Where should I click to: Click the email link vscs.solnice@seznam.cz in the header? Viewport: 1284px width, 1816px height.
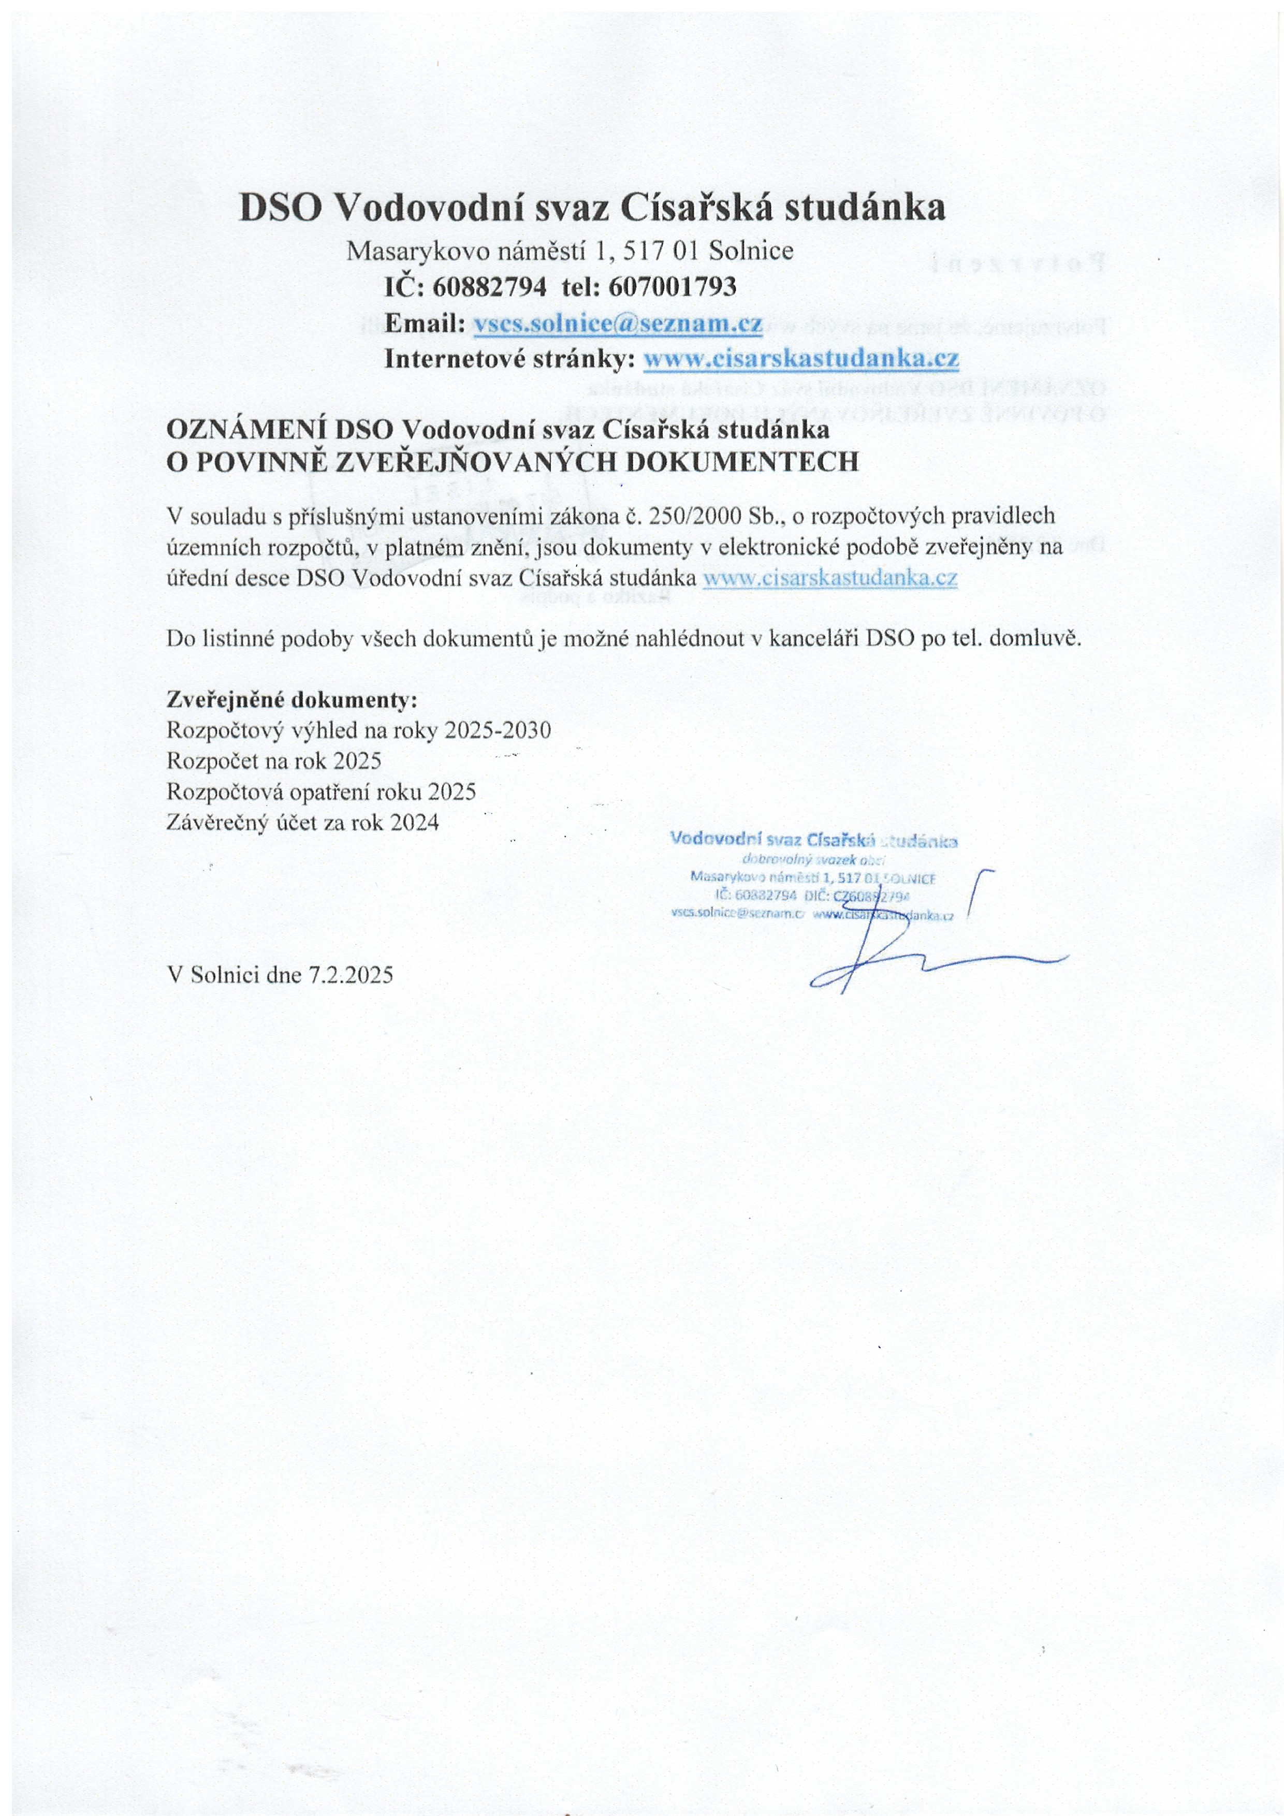[617, 324]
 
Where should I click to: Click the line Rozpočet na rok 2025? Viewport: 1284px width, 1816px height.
[274, 761]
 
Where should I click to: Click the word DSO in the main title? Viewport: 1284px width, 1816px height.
[280, 208]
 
